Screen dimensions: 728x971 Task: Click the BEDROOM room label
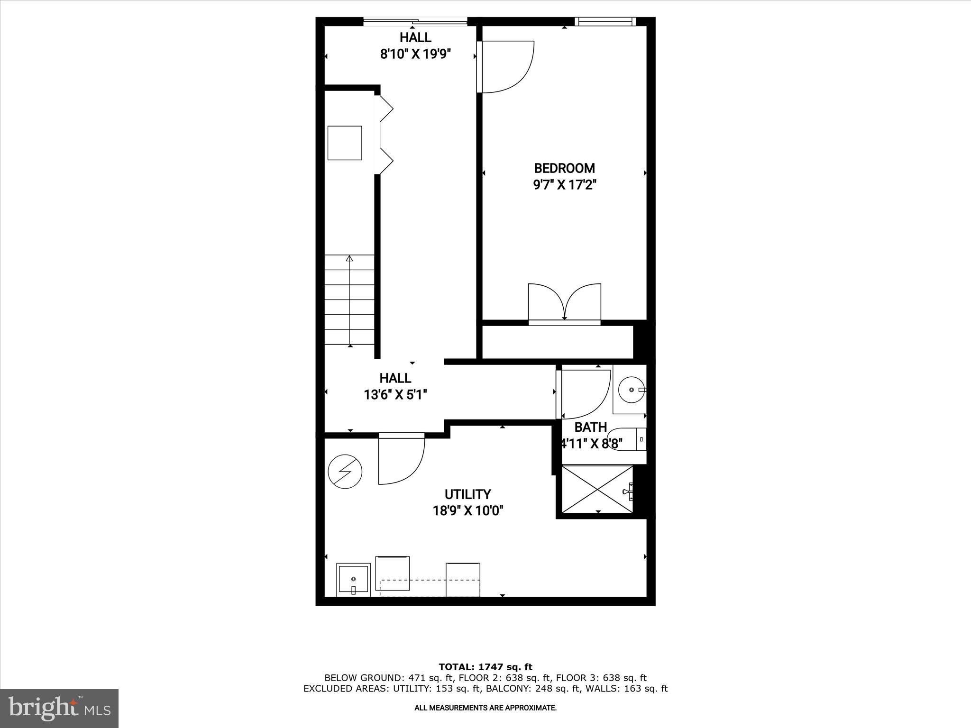[x=564, y=168]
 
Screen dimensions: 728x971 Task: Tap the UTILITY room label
[x=467, y=494]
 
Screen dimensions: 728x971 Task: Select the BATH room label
[x=590, y=427]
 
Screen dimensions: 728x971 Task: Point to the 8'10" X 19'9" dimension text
[x=415, y=54]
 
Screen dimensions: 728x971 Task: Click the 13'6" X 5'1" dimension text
[x=395, y=394]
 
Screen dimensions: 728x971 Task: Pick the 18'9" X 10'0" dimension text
[x=467, y=511]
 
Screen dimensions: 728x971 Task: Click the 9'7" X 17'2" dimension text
[x=564, y=184]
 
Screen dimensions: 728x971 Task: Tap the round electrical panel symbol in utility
[x=345, y=472]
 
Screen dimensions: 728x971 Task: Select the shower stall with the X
[x=597, y=489]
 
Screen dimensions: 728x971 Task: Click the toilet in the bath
[x=626, y=439]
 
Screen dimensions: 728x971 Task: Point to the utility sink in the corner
[x=353, y=579]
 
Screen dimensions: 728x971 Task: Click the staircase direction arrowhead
[x=349, y=258]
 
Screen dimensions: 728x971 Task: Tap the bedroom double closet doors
[x=564, y=302]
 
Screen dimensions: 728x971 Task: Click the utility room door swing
[x=401, y=458]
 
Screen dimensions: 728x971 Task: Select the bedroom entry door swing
[x=506, y=66]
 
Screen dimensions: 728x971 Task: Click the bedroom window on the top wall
[x=605, y=21]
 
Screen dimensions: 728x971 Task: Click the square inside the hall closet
[x=345, y=143]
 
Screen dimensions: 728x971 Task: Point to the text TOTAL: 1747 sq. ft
[x=485, y=667]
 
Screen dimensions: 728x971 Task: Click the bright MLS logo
[x=59, y=708]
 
